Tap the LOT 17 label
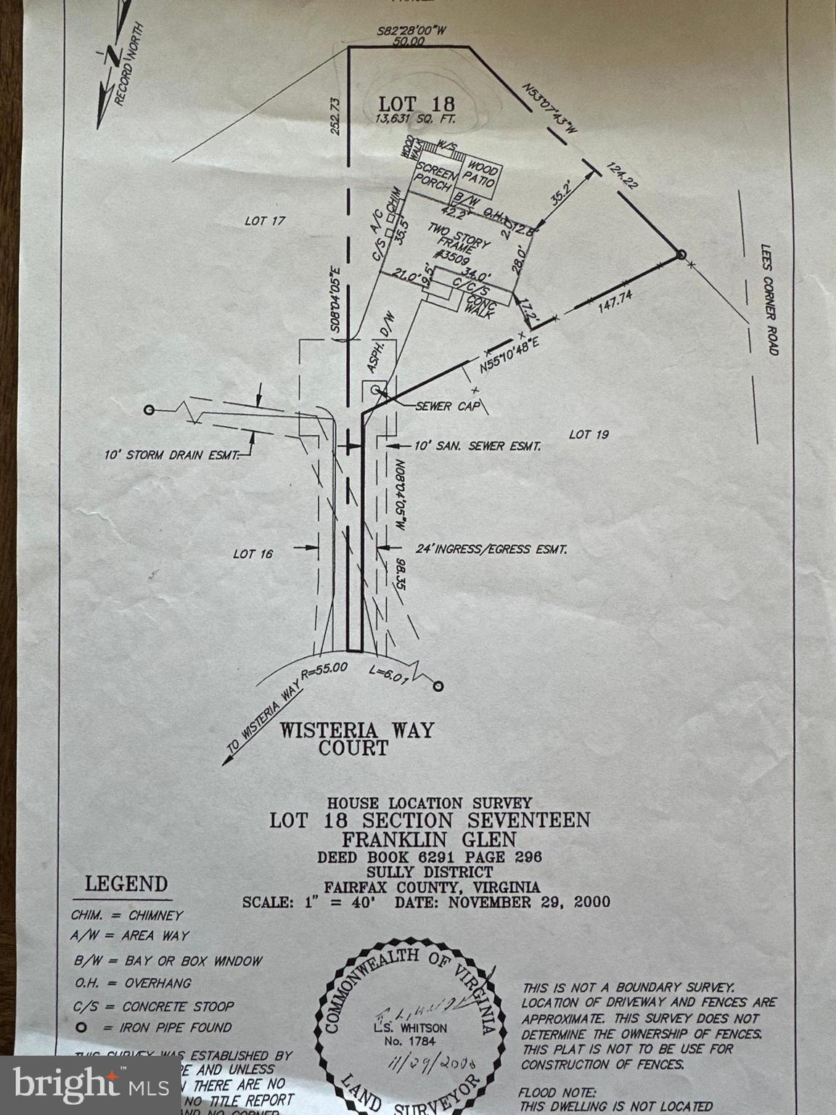266,220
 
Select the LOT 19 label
589,434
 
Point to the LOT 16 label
253,554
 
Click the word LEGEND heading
126,883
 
